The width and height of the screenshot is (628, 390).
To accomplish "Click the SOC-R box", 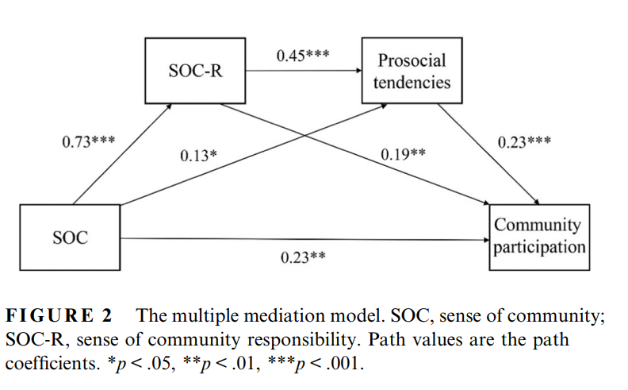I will (x=195, y=71).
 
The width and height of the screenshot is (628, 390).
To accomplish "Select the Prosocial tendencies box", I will (x=412, y=71).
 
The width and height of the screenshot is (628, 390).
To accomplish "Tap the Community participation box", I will (x=538, y=236).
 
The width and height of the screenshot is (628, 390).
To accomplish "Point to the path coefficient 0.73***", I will (x=88, y=142).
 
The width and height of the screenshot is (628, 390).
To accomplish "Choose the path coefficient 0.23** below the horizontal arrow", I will (x=304, y=257).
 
